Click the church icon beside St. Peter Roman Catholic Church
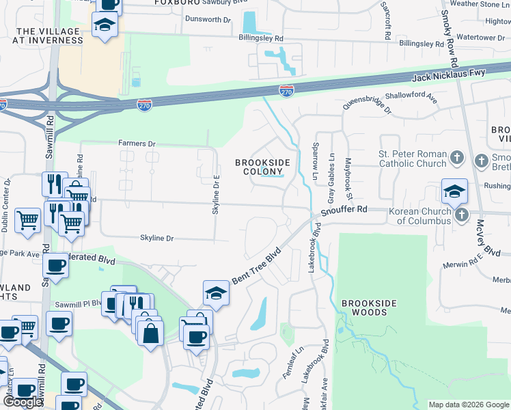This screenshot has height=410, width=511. click(x=458, y=159)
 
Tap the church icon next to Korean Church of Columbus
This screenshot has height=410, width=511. click(x=462, y=215)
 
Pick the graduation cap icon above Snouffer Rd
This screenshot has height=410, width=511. click(x=454, y=193)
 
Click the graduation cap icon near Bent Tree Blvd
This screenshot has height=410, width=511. click(x=216, y=293)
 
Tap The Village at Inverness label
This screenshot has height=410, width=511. click(x=49, y=36)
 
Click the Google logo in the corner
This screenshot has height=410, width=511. click(x=23, y=402)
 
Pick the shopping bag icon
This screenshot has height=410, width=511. click(x=150, y=333)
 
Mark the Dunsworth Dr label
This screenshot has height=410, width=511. click(x=208, y=19)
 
